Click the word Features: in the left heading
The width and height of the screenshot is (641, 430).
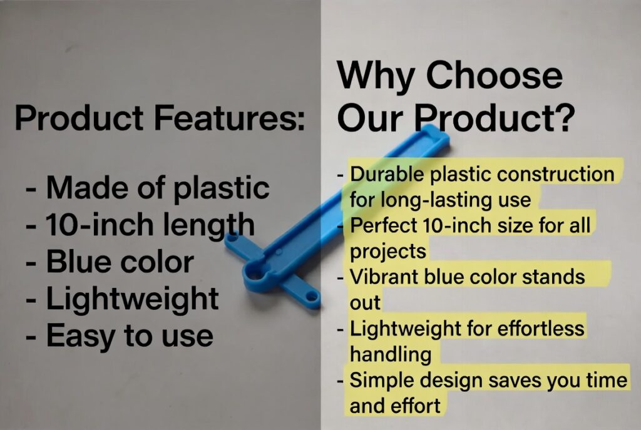click(229, 117)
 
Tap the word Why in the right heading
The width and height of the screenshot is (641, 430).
click(375, 76)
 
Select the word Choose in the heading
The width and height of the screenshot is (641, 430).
click(495, 74)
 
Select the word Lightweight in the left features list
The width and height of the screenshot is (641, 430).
click(133, 299)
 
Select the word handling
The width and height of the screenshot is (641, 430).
click(391, 354)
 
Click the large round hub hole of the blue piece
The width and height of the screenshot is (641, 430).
click(256, 272)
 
